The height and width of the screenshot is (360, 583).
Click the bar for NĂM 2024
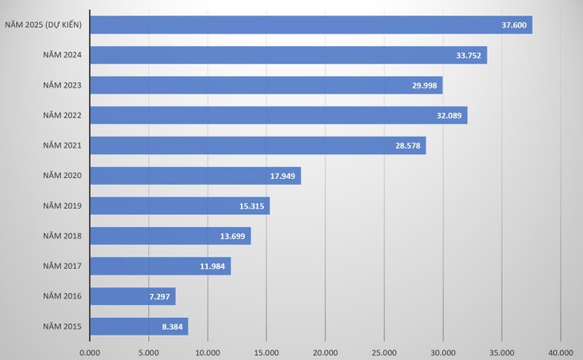pyautogui.click(x=288, y=55)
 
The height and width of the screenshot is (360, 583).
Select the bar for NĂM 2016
pyautogui.click(x=132, y=296)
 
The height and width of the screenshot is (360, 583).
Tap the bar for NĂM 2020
pyautogui.click(x=195, y=176)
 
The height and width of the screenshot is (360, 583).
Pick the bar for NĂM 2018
pyautogui.click(x=170, y=236)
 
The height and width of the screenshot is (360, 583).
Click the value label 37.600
pyautogui.click(x=513, y=25)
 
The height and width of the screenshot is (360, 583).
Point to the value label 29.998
pyautogui.click(x=424, y=85)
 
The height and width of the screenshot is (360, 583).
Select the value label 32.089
pyautogui.click(x=449, y=115)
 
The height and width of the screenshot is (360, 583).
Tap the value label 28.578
pyautogui.click(x=407, y=146)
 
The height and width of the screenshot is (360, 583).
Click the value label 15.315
pyautogui.click(x=252, y=206)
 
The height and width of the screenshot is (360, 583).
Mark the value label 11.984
pyautogui.click(x=212, y=266)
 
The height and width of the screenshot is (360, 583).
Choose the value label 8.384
pyautogui.click(x=171, y=326)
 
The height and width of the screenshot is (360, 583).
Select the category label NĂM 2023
pyautogui.click(x=62, y=85)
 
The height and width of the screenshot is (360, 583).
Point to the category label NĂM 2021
pyautogui.click(x=62, y=146)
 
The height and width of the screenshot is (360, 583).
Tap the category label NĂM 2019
pyautogui.click(x=62, y=206)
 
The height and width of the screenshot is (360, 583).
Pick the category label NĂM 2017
pyautogui.click(x=62, y=266)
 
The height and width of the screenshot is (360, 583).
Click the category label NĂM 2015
pyautogui.click(x=62, y=326)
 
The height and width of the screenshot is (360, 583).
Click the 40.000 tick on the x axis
pyautogui.click(x=561, y=352)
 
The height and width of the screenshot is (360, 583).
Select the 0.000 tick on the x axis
pyautogui.click(x=90, y=352)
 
